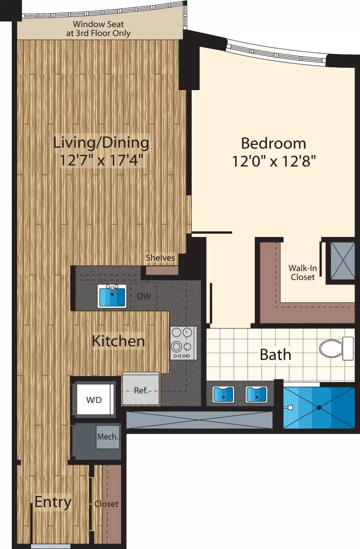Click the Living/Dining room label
101,143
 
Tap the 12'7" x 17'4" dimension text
101,161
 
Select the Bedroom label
274,143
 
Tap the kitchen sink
112,296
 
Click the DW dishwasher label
144,296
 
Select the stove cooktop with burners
183,343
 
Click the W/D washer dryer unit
95,399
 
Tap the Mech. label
108,436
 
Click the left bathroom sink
223,394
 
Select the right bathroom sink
256,394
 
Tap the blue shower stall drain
319,407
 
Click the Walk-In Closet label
302,272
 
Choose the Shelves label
160,258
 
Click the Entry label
53,502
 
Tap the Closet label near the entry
107,504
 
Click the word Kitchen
118,341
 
